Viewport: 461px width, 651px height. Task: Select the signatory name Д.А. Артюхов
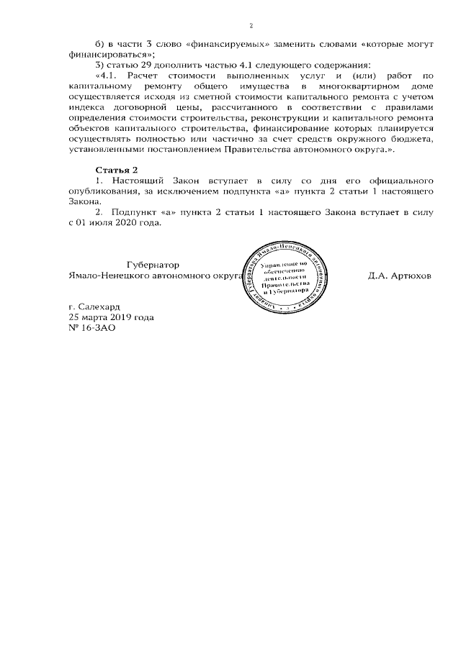tap(400, 276)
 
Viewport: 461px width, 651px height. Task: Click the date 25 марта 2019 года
tap(111, 317)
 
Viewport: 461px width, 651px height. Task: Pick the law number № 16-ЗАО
tap(91, 327)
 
